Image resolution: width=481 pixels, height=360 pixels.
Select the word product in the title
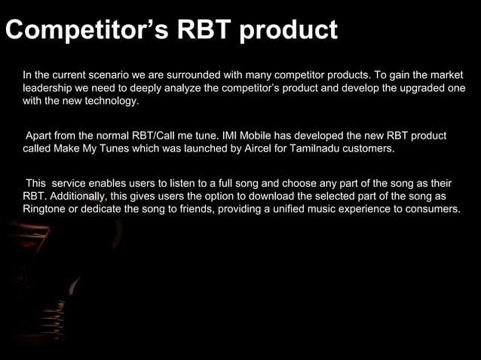click(291, 31)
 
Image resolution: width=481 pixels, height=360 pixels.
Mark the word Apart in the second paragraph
click(40, 136)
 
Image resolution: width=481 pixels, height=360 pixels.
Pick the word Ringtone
click(46, 209)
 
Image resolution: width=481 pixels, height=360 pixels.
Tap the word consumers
click(432, 209)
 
